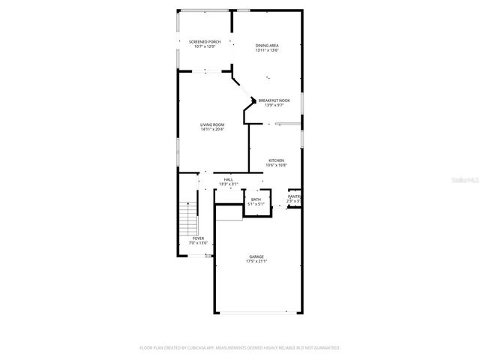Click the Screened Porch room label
click(205, 42)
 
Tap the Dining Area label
click(267, 46)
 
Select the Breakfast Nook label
click(274, 100)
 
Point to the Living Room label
click(212, 124)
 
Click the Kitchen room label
click(277, 160)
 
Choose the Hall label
click(228, 179)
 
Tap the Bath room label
click(256, 199)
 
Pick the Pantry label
click(294, 196)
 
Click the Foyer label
click(198, 238)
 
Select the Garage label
click(256, 256)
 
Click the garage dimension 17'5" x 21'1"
click(256, 262)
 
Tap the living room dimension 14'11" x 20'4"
click(212, 130)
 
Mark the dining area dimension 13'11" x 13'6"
click(267, 51)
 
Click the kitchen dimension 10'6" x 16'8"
click(277, 166)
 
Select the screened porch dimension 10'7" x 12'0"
click(205, 47)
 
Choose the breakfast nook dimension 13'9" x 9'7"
click(274, 106)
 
